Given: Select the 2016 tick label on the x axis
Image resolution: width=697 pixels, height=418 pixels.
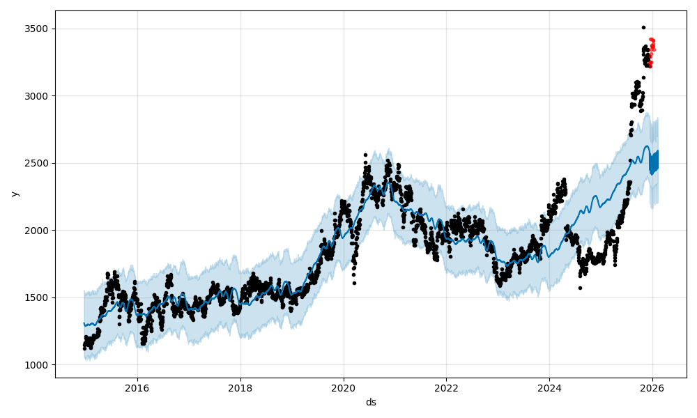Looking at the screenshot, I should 137,388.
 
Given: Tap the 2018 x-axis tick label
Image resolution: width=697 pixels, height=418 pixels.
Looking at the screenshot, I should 240,388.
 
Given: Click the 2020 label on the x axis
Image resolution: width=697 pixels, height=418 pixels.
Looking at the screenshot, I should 343,388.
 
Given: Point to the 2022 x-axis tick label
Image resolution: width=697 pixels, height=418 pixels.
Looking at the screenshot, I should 446,388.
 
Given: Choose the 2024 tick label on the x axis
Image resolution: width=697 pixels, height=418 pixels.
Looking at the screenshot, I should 549,388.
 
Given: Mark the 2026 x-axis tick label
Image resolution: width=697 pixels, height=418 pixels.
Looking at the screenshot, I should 652,388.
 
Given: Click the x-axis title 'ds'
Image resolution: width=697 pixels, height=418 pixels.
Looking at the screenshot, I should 371,402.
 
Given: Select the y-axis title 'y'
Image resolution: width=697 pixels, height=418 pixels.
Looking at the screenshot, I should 13,194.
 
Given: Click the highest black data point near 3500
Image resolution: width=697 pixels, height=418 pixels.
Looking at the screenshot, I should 643,27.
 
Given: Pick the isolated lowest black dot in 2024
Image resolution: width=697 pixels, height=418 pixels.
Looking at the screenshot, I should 580,288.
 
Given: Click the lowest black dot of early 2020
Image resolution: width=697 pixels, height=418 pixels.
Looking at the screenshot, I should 354,283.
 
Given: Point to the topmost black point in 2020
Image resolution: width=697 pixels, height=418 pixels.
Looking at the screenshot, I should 365,155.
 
